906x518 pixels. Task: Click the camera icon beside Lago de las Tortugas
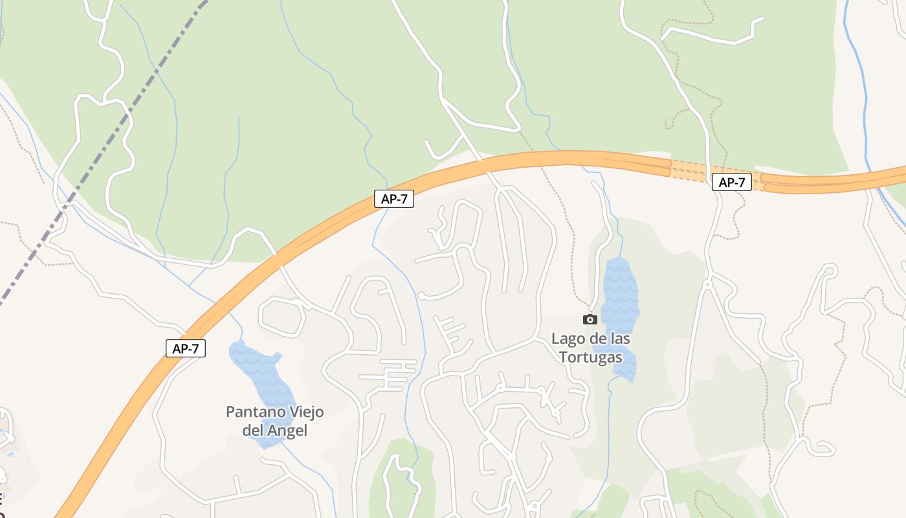point(590,319)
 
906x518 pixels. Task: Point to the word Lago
point(567,339)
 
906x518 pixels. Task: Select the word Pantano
point(253,412)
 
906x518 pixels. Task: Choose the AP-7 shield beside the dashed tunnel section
point(731,183)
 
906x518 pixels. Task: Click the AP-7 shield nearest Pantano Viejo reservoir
point(185,348)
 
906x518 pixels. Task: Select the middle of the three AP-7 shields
point(393,199)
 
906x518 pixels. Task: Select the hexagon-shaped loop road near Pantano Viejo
point(282,317)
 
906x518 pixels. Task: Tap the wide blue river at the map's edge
point(861,97)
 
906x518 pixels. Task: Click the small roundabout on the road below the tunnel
point(707,284)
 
